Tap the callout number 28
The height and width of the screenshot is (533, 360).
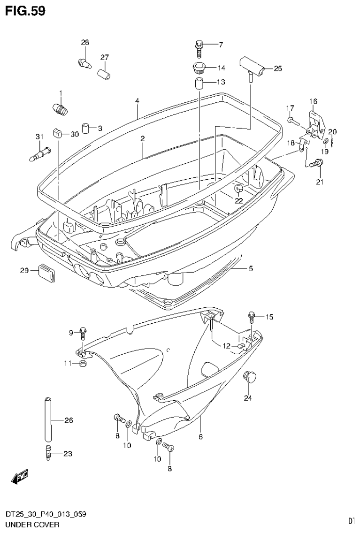point(84,43)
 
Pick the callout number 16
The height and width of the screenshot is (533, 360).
point(313,101)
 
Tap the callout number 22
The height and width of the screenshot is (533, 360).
point(239,200)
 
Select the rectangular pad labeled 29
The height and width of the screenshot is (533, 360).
point(47,273)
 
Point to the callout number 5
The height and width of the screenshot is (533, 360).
point(251,268)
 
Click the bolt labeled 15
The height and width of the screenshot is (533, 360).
point(252,318)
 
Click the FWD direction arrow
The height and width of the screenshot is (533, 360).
point(20,477)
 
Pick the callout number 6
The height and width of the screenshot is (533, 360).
point(200,436)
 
